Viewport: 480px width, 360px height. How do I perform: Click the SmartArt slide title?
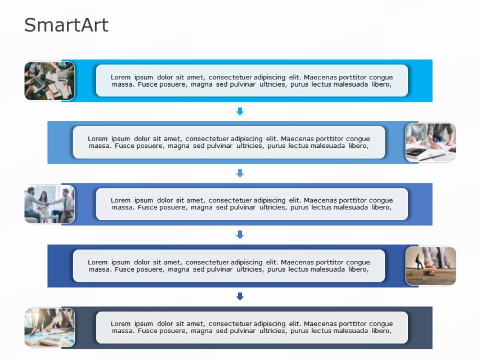click(66, 25)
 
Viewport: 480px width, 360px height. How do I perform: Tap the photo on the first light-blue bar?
click(50, 80)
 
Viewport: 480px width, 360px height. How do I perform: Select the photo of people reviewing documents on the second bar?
click(430, 142)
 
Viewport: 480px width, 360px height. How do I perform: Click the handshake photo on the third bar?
click(50, 204)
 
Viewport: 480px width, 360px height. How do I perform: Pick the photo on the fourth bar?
click(430, 265)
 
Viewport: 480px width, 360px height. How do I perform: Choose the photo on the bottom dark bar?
click(50, 327)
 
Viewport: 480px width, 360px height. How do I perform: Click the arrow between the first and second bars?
click(240, 111)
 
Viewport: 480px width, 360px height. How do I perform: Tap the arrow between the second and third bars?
click(240, 173)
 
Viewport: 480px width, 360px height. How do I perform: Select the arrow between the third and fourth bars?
click(240, 235)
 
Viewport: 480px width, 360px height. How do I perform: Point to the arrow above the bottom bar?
click(240, 296)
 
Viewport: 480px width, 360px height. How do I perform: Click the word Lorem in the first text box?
click(120, 77)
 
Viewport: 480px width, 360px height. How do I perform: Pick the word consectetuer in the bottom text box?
click(230, 324)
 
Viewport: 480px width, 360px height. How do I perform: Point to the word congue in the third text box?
click(381, 200)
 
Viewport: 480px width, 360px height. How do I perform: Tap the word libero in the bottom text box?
click(381, 331)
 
